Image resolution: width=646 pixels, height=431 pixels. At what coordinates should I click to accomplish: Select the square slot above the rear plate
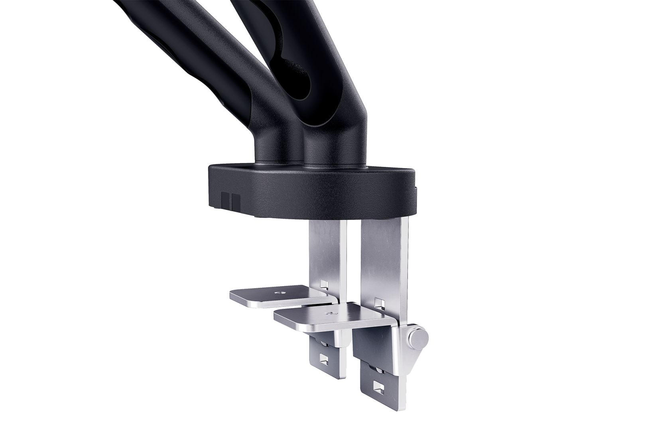point(325,285)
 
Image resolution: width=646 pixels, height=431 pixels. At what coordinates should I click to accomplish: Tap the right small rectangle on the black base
point(236,201)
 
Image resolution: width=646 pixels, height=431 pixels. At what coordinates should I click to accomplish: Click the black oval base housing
point(311,190)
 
